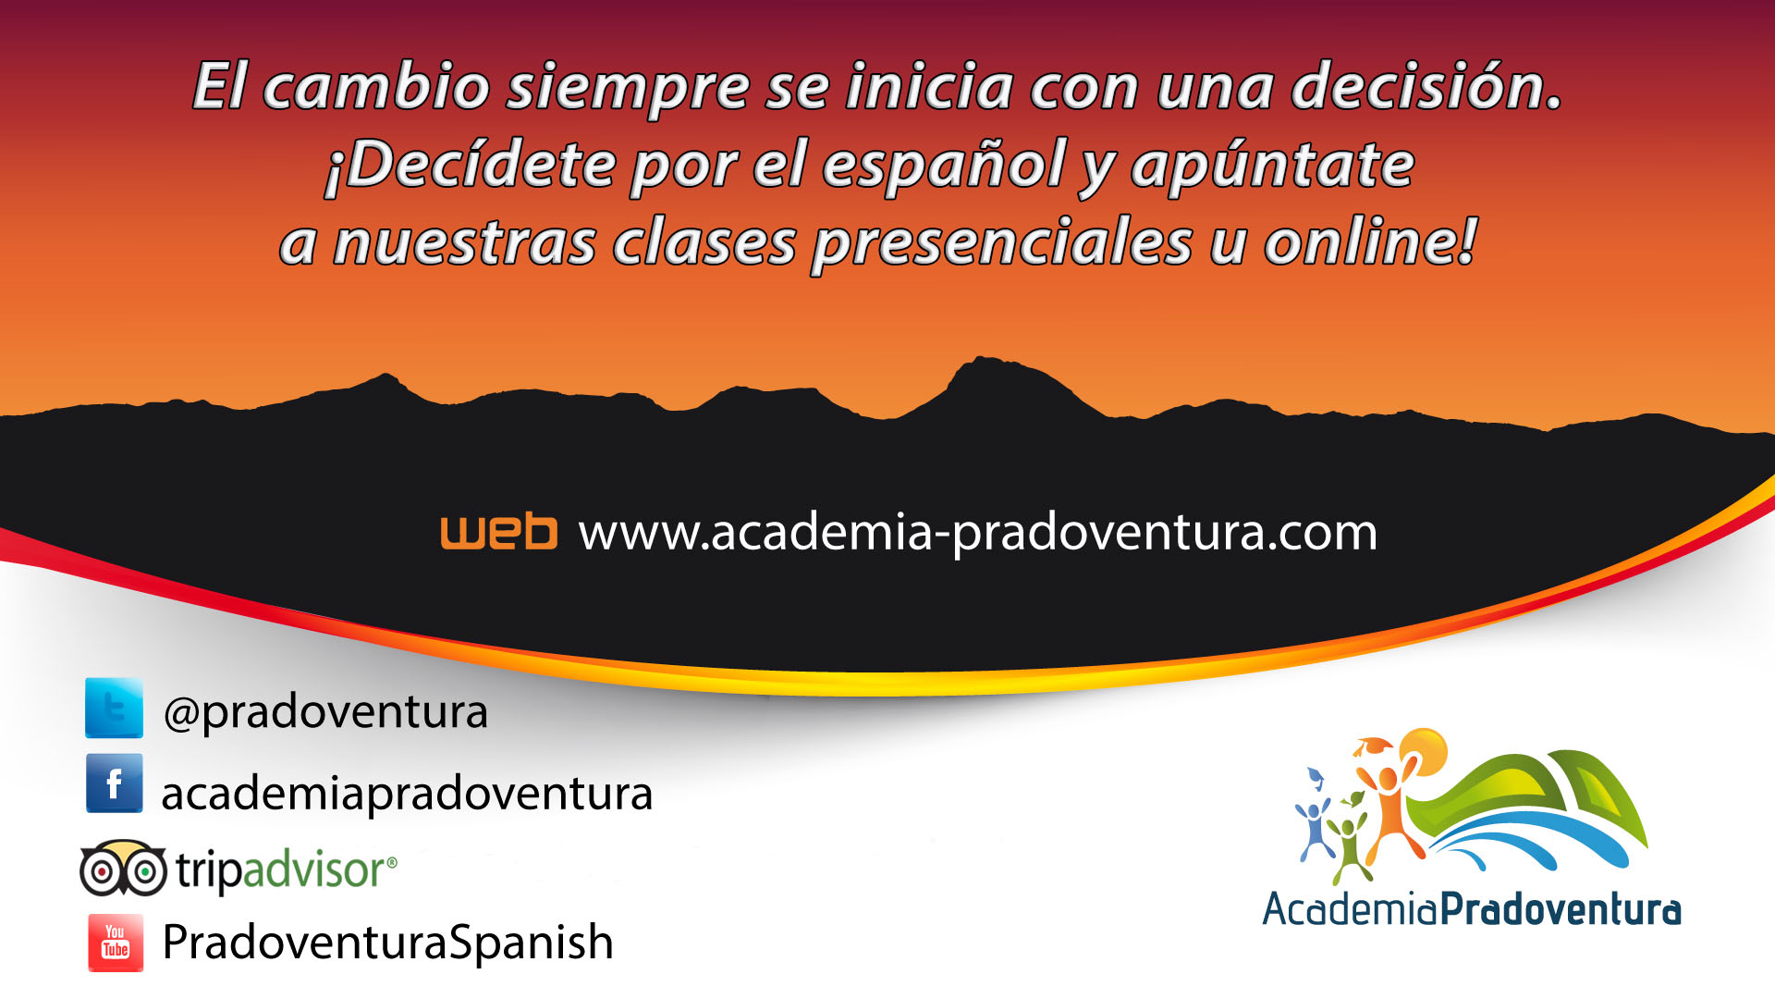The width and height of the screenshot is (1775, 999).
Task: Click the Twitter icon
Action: tap(114, 708)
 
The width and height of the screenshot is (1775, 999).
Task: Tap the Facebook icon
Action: tap(114, 783)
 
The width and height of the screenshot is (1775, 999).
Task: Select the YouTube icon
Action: tap(116, 943)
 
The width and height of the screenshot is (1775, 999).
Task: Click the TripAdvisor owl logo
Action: tap(123, 869)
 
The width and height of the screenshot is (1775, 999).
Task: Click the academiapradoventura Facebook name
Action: tap(407, 794)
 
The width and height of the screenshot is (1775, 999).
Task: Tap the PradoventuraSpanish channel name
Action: tap(388, 943)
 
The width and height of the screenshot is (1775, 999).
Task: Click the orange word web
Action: tap(499, 532)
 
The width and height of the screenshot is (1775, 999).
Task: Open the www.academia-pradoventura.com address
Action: tap(978, 534)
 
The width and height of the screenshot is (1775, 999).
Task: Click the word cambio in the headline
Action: tap(376, 87)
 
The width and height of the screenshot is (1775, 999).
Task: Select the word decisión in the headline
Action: tap(1426, 86)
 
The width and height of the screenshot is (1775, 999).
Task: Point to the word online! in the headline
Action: tap(1371, 242)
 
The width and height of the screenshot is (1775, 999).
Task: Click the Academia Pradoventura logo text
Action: tap(1472, 909)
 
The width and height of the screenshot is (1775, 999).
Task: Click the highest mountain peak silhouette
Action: tap(982, 361)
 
